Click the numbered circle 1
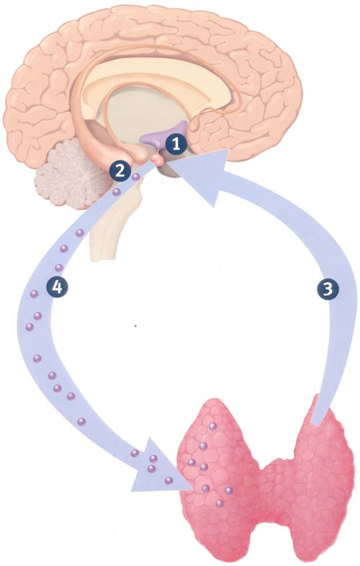pos(176,145)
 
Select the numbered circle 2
pos(120,171)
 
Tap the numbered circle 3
pos(328,289)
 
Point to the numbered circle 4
pos(58,288)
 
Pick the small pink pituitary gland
pos(157,159)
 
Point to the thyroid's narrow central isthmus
pos(274,488)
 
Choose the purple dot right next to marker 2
pos(136,177)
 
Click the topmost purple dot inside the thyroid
pos(212,426)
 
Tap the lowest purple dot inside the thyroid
pos(219,503)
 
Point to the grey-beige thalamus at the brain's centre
pos(145,115)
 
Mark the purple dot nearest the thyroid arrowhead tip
pos(168,480)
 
